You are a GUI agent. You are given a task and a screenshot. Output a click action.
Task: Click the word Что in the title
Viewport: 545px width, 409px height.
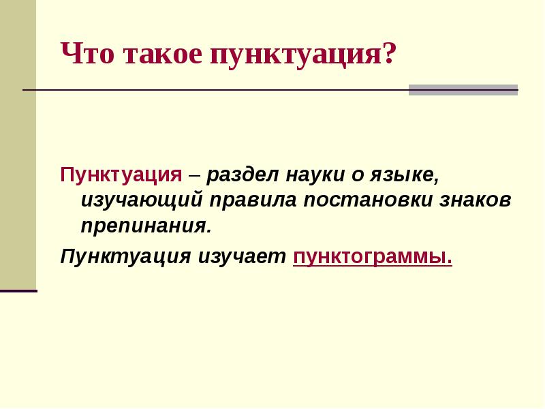[x=88, y=54]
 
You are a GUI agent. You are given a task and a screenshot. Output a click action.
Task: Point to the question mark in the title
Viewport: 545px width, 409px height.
[x=388, y=54]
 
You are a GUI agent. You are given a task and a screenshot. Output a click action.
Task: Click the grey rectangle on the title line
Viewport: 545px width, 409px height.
[x=463, y=90]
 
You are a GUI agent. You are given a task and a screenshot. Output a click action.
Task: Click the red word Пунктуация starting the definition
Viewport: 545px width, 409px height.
[x=121, y=175]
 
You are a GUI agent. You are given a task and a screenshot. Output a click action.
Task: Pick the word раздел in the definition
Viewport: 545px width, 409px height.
[x=238, y=175]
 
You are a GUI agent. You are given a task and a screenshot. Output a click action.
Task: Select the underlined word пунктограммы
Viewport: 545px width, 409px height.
[x=372, y=258]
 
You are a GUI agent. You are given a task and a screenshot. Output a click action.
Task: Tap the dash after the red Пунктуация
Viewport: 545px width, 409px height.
[x=195, y=175]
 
